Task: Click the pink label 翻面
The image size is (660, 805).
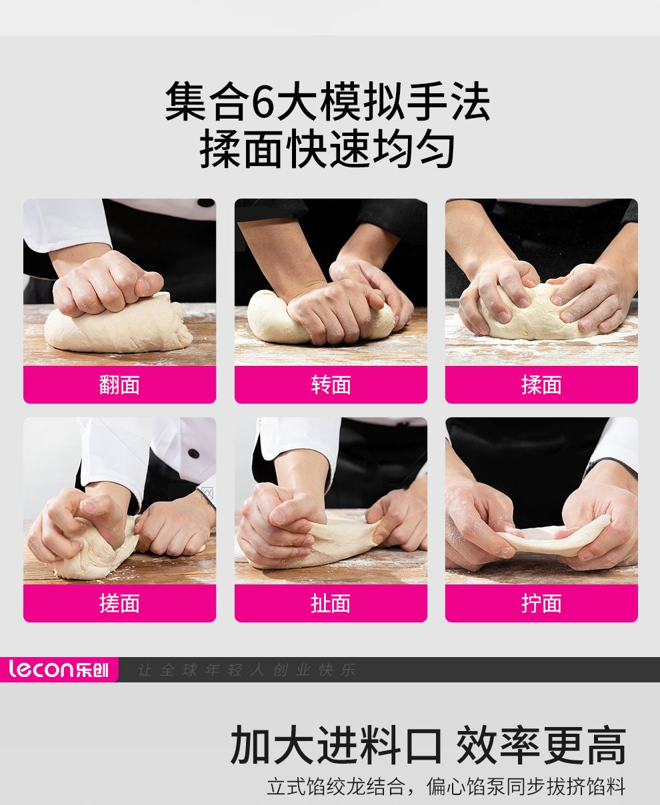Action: coord(119,385)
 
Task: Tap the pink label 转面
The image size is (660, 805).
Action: coord(331,385)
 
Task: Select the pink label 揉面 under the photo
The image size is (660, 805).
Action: coord(541,385)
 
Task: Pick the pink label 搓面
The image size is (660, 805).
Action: coord(119,603)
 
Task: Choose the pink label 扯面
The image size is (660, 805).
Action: coord(331,603)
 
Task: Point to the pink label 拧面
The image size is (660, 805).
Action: coord(541,603)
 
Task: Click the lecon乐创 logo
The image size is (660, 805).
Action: coord(59,669)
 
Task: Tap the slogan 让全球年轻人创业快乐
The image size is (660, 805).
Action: coord(247,670)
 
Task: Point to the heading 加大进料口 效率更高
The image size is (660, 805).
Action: coord(428,745)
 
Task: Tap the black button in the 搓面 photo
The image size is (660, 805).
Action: coord(193,453)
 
